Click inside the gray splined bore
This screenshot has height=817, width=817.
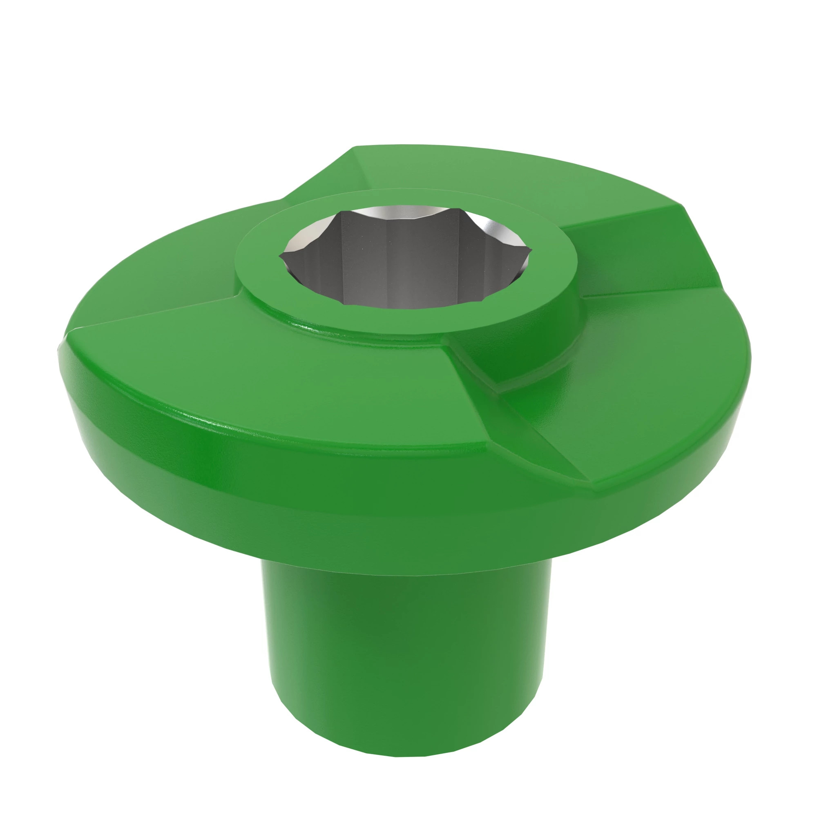(397, 271)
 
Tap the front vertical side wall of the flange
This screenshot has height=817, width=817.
(338, 499)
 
